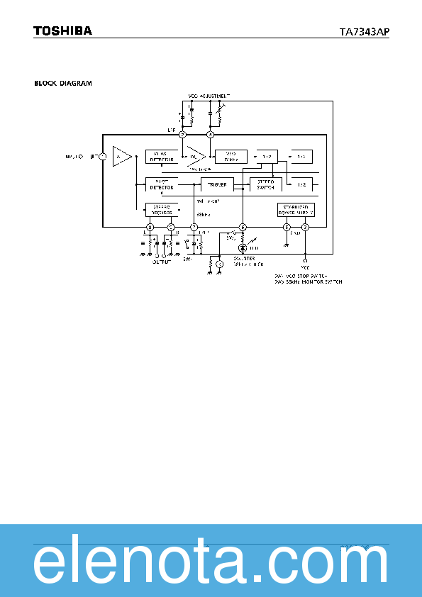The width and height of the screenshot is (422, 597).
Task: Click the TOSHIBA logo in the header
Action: [x=62, y=31]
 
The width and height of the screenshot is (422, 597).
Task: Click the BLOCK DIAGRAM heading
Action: [x=63, y=83]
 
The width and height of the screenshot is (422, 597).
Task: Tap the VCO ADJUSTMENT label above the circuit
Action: [x=209, y=94]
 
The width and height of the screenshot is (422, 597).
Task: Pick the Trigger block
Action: [x=218, y=184]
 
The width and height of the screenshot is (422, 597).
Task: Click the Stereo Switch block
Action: [x=266, y=184]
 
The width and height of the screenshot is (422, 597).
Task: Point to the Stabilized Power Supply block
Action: [x=295, y=209]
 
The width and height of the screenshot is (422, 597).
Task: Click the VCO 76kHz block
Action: [x=231, y=156]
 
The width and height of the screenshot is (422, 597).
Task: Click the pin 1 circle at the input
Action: [x=102, y=156]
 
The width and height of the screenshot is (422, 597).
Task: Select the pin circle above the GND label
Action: [x=287, y=227]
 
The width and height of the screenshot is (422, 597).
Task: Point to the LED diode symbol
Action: [x=243, y=248]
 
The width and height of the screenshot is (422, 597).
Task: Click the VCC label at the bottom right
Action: [x=305, y=267]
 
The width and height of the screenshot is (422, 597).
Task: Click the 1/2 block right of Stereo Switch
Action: [x=302, y=184]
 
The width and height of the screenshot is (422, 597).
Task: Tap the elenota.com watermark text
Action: [x=211, y=565]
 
